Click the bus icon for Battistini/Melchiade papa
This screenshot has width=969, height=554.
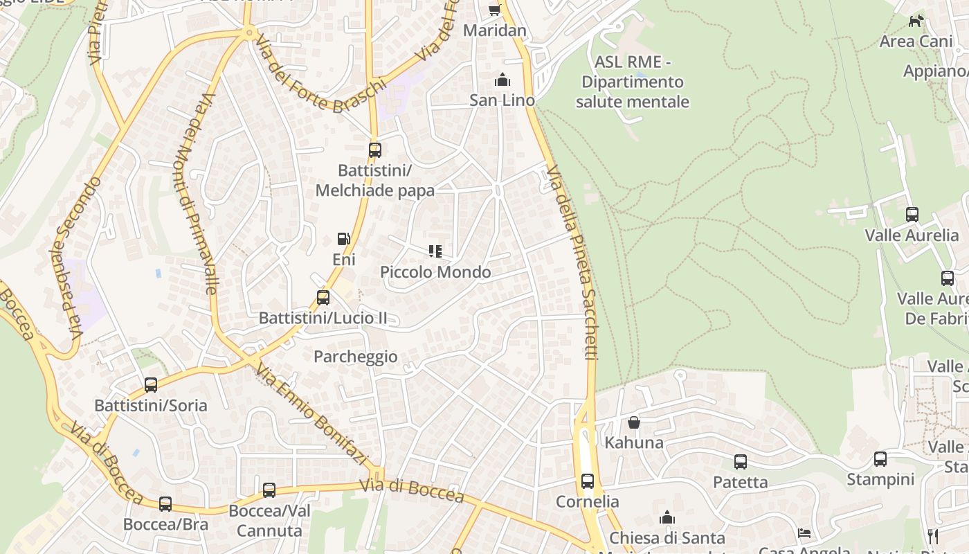click(374, 150)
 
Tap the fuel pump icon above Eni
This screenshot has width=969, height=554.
click(343, 239)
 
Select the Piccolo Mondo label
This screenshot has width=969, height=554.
click(435, 272)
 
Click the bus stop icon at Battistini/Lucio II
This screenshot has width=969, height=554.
click(323, 298)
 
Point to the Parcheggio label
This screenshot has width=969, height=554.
click(356, 357)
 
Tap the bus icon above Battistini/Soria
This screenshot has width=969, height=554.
click(150, 385)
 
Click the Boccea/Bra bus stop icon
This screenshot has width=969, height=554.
click(165, 503)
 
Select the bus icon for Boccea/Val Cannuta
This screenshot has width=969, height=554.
click(269, 490)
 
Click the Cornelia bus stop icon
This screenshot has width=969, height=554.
click(587, 481)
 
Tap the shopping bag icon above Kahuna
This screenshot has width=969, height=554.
click(633, 422)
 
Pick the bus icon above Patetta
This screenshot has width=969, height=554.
click(740, 461)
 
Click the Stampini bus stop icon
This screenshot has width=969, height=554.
click(880, 458)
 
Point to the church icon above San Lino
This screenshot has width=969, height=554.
click(502, 80)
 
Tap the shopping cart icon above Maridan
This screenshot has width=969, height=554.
click(494, 10)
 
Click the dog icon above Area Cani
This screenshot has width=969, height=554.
click(916, 21)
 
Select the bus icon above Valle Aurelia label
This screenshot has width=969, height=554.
click(912, 215)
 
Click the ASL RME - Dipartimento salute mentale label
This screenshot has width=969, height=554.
click(633, 82)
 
